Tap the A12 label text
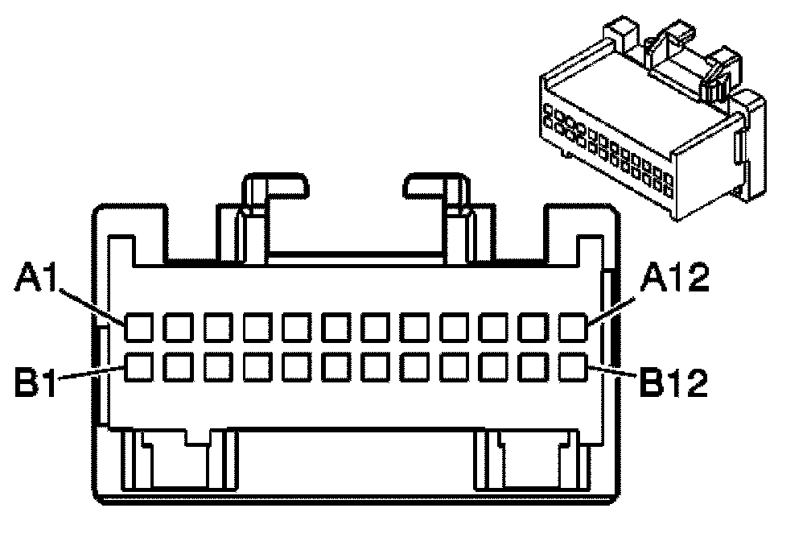pyautogui.click(x=674, y=282)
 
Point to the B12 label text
pyautogui.click(x=674, y=382)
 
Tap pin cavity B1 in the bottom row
pyautogui.click(x=138, y=367)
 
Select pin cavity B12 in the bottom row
pyautogui.click(x=573, y=367)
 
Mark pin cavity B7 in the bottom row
pyautogui.click(x=375, y=367)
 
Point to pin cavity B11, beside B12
pyautogui.click(x=533, y=367)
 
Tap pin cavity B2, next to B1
pyautogui.click(x=178, y=367)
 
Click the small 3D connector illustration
pyautogui.click(x=652, y=121)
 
